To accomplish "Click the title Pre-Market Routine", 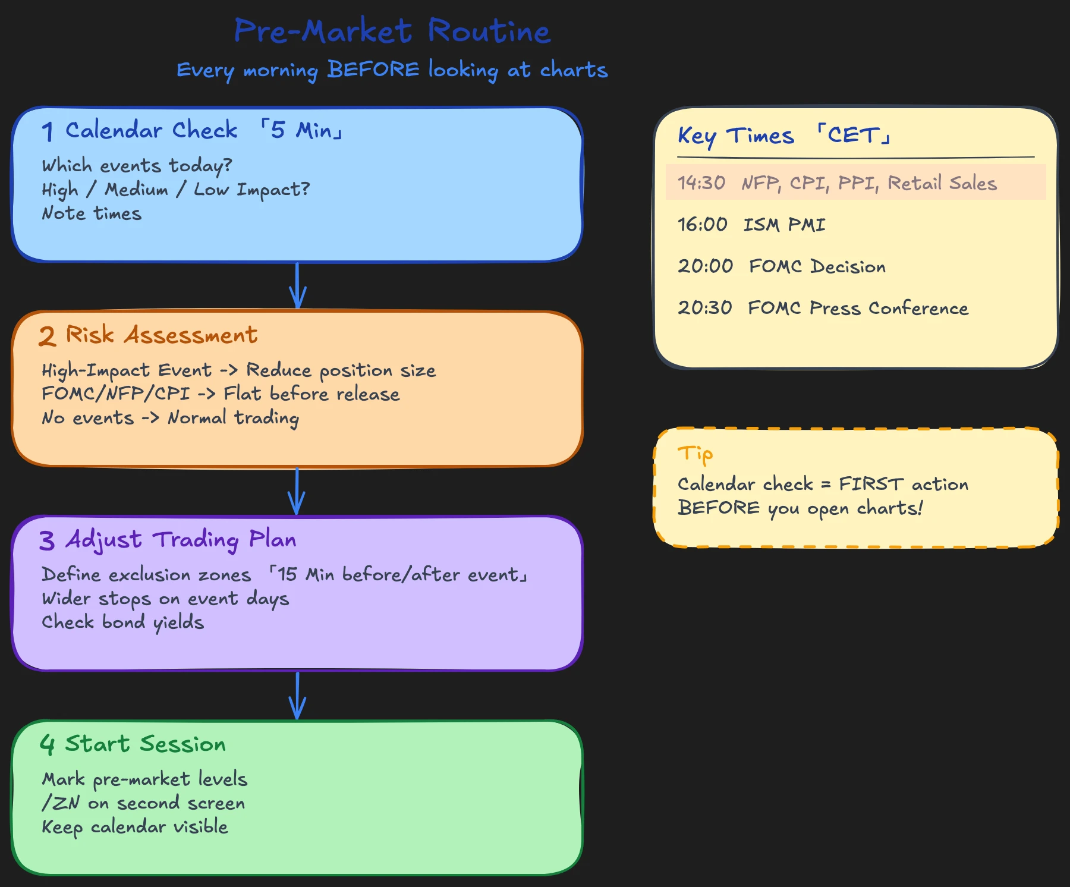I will (392, 31).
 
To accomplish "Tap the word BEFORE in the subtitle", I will (373, 70).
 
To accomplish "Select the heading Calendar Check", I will (151, 130).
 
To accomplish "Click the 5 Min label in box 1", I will (302, 130).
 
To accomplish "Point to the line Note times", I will (92, 213).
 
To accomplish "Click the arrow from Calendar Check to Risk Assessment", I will (297, 286).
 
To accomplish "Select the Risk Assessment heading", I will (161, 335).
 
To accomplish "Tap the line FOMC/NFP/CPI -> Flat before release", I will (221, 394).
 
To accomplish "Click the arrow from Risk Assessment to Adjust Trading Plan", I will (297, 491).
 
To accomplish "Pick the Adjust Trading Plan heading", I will (181, 540).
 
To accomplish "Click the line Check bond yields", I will (122, 622).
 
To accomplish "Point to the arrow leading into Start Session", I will (297, 696).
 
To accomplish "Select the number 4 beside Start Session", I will (48, 744).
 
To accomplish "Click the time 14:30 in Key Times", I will (701, 183).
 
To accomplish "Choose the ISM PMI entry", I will (784, 225).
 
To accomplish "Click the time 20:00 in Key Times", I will (705, 266).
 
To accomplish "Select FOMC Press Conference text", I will (858, 308).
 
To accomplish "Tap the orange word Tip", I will (695, 454).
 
